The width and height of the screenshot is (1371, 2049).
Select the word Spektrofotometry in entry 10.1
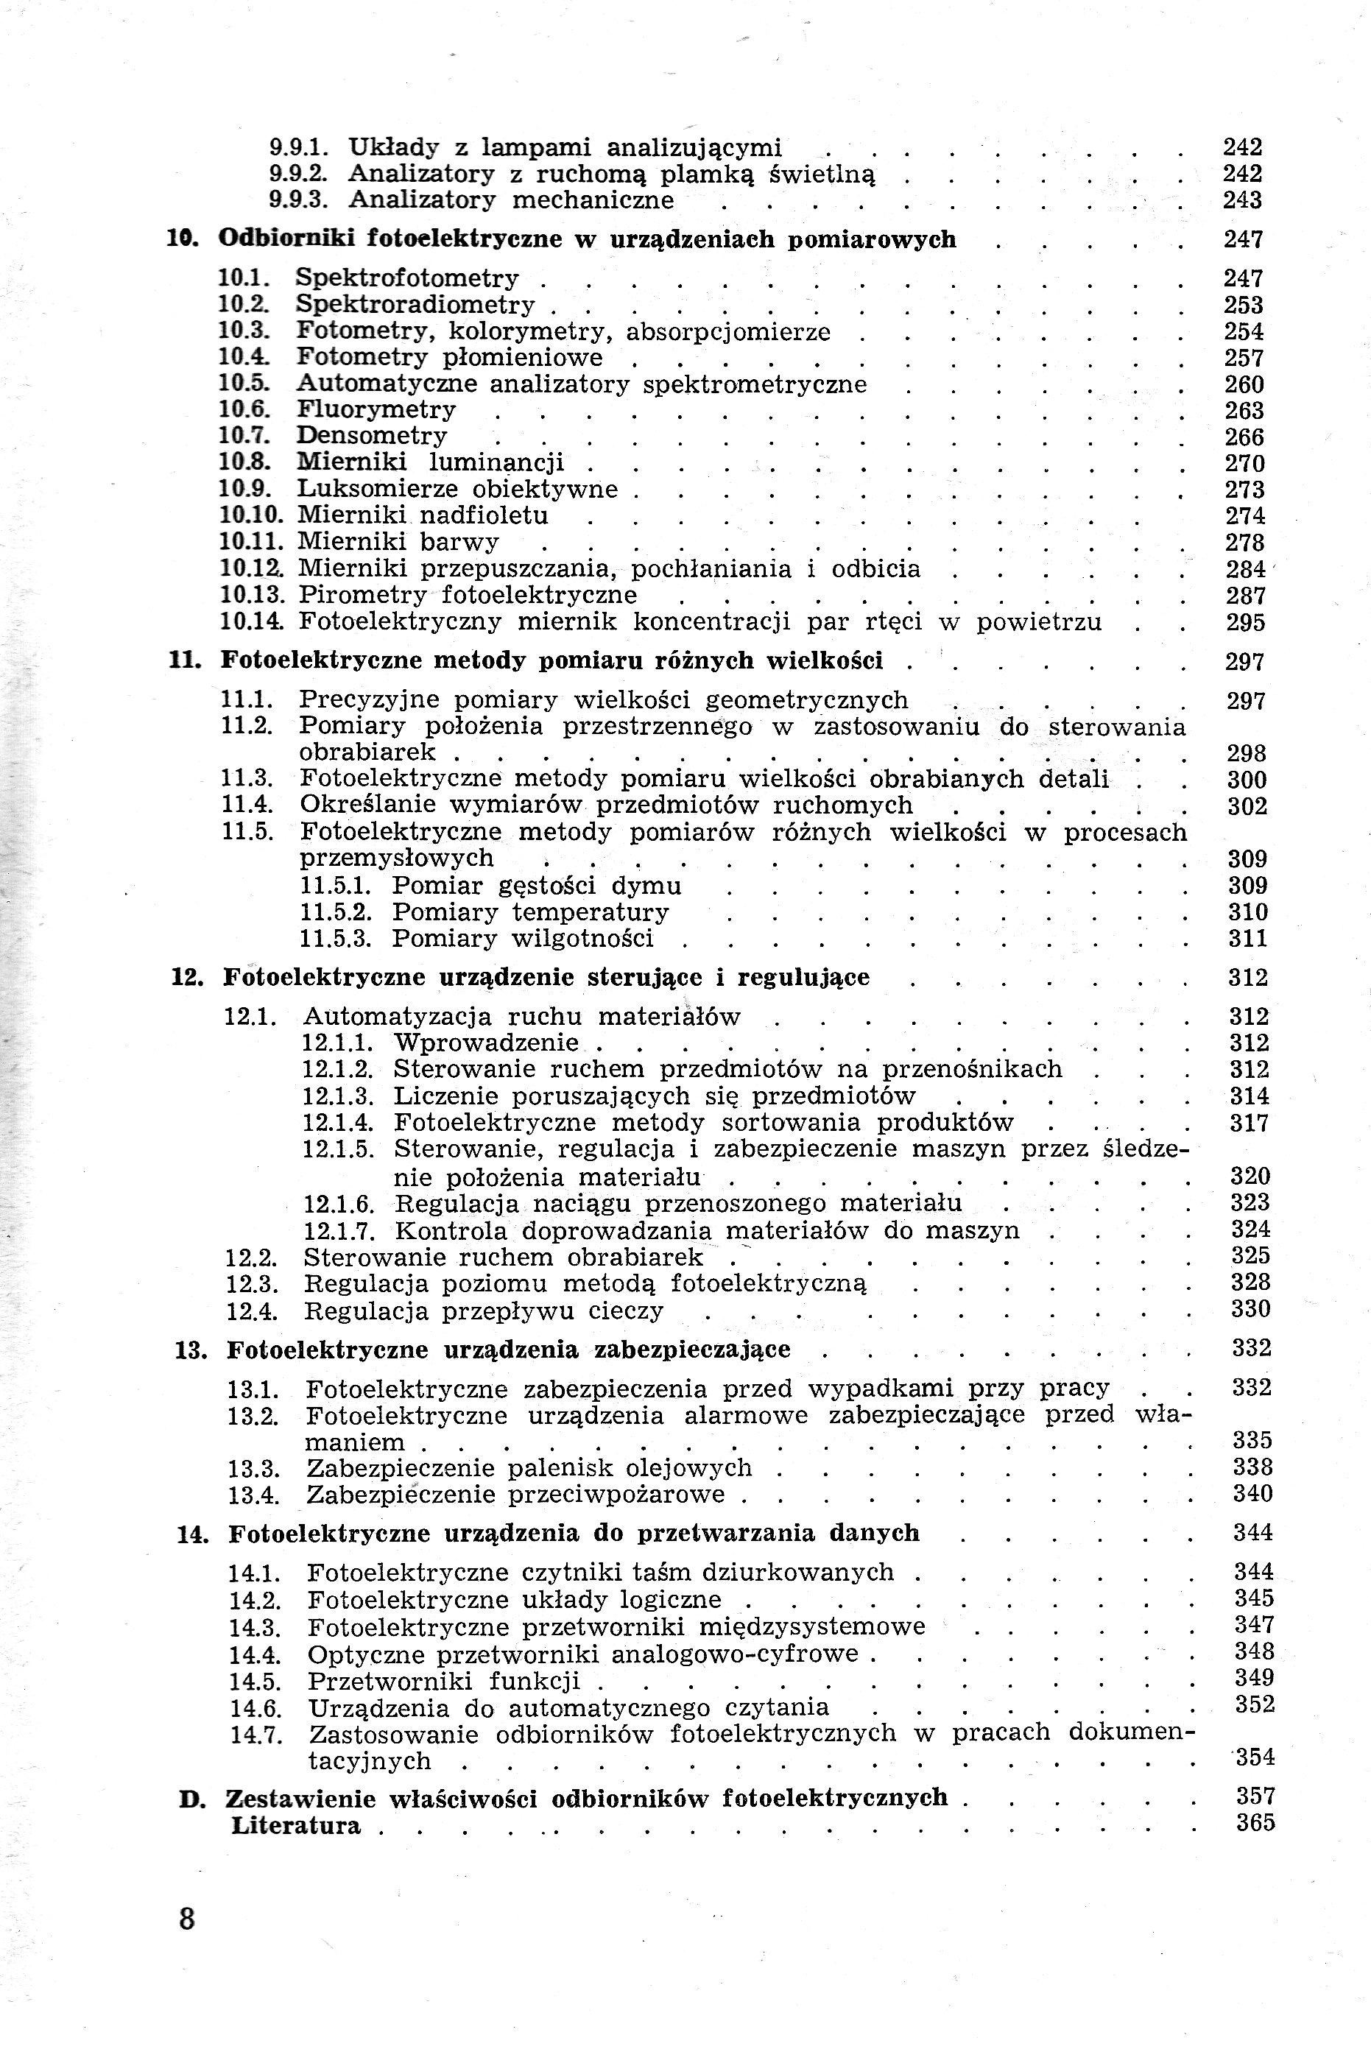(x=406, y=279)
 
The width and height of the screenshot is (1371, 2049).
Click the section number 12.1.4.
(x=339, y=1124)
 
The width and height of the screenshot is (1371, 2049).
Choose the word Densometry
(x=372, y=435)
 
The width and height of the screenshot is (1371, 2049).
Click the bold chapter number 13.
(x=190, y=1350)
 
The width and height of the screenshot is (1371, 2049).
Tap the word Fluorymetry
(x=376, y=409)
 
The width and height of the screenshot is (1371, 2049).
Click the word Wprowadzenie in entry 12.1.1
(x=486, y=1043)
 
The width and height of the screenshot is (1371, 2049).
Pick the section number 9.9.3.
(x=298, y=200)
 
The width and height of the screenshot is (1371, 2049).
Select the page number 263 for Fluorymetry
(x=1244, y=410)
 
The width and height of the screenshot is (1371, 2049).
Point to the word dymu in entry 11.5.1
(x=646, y=886)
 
